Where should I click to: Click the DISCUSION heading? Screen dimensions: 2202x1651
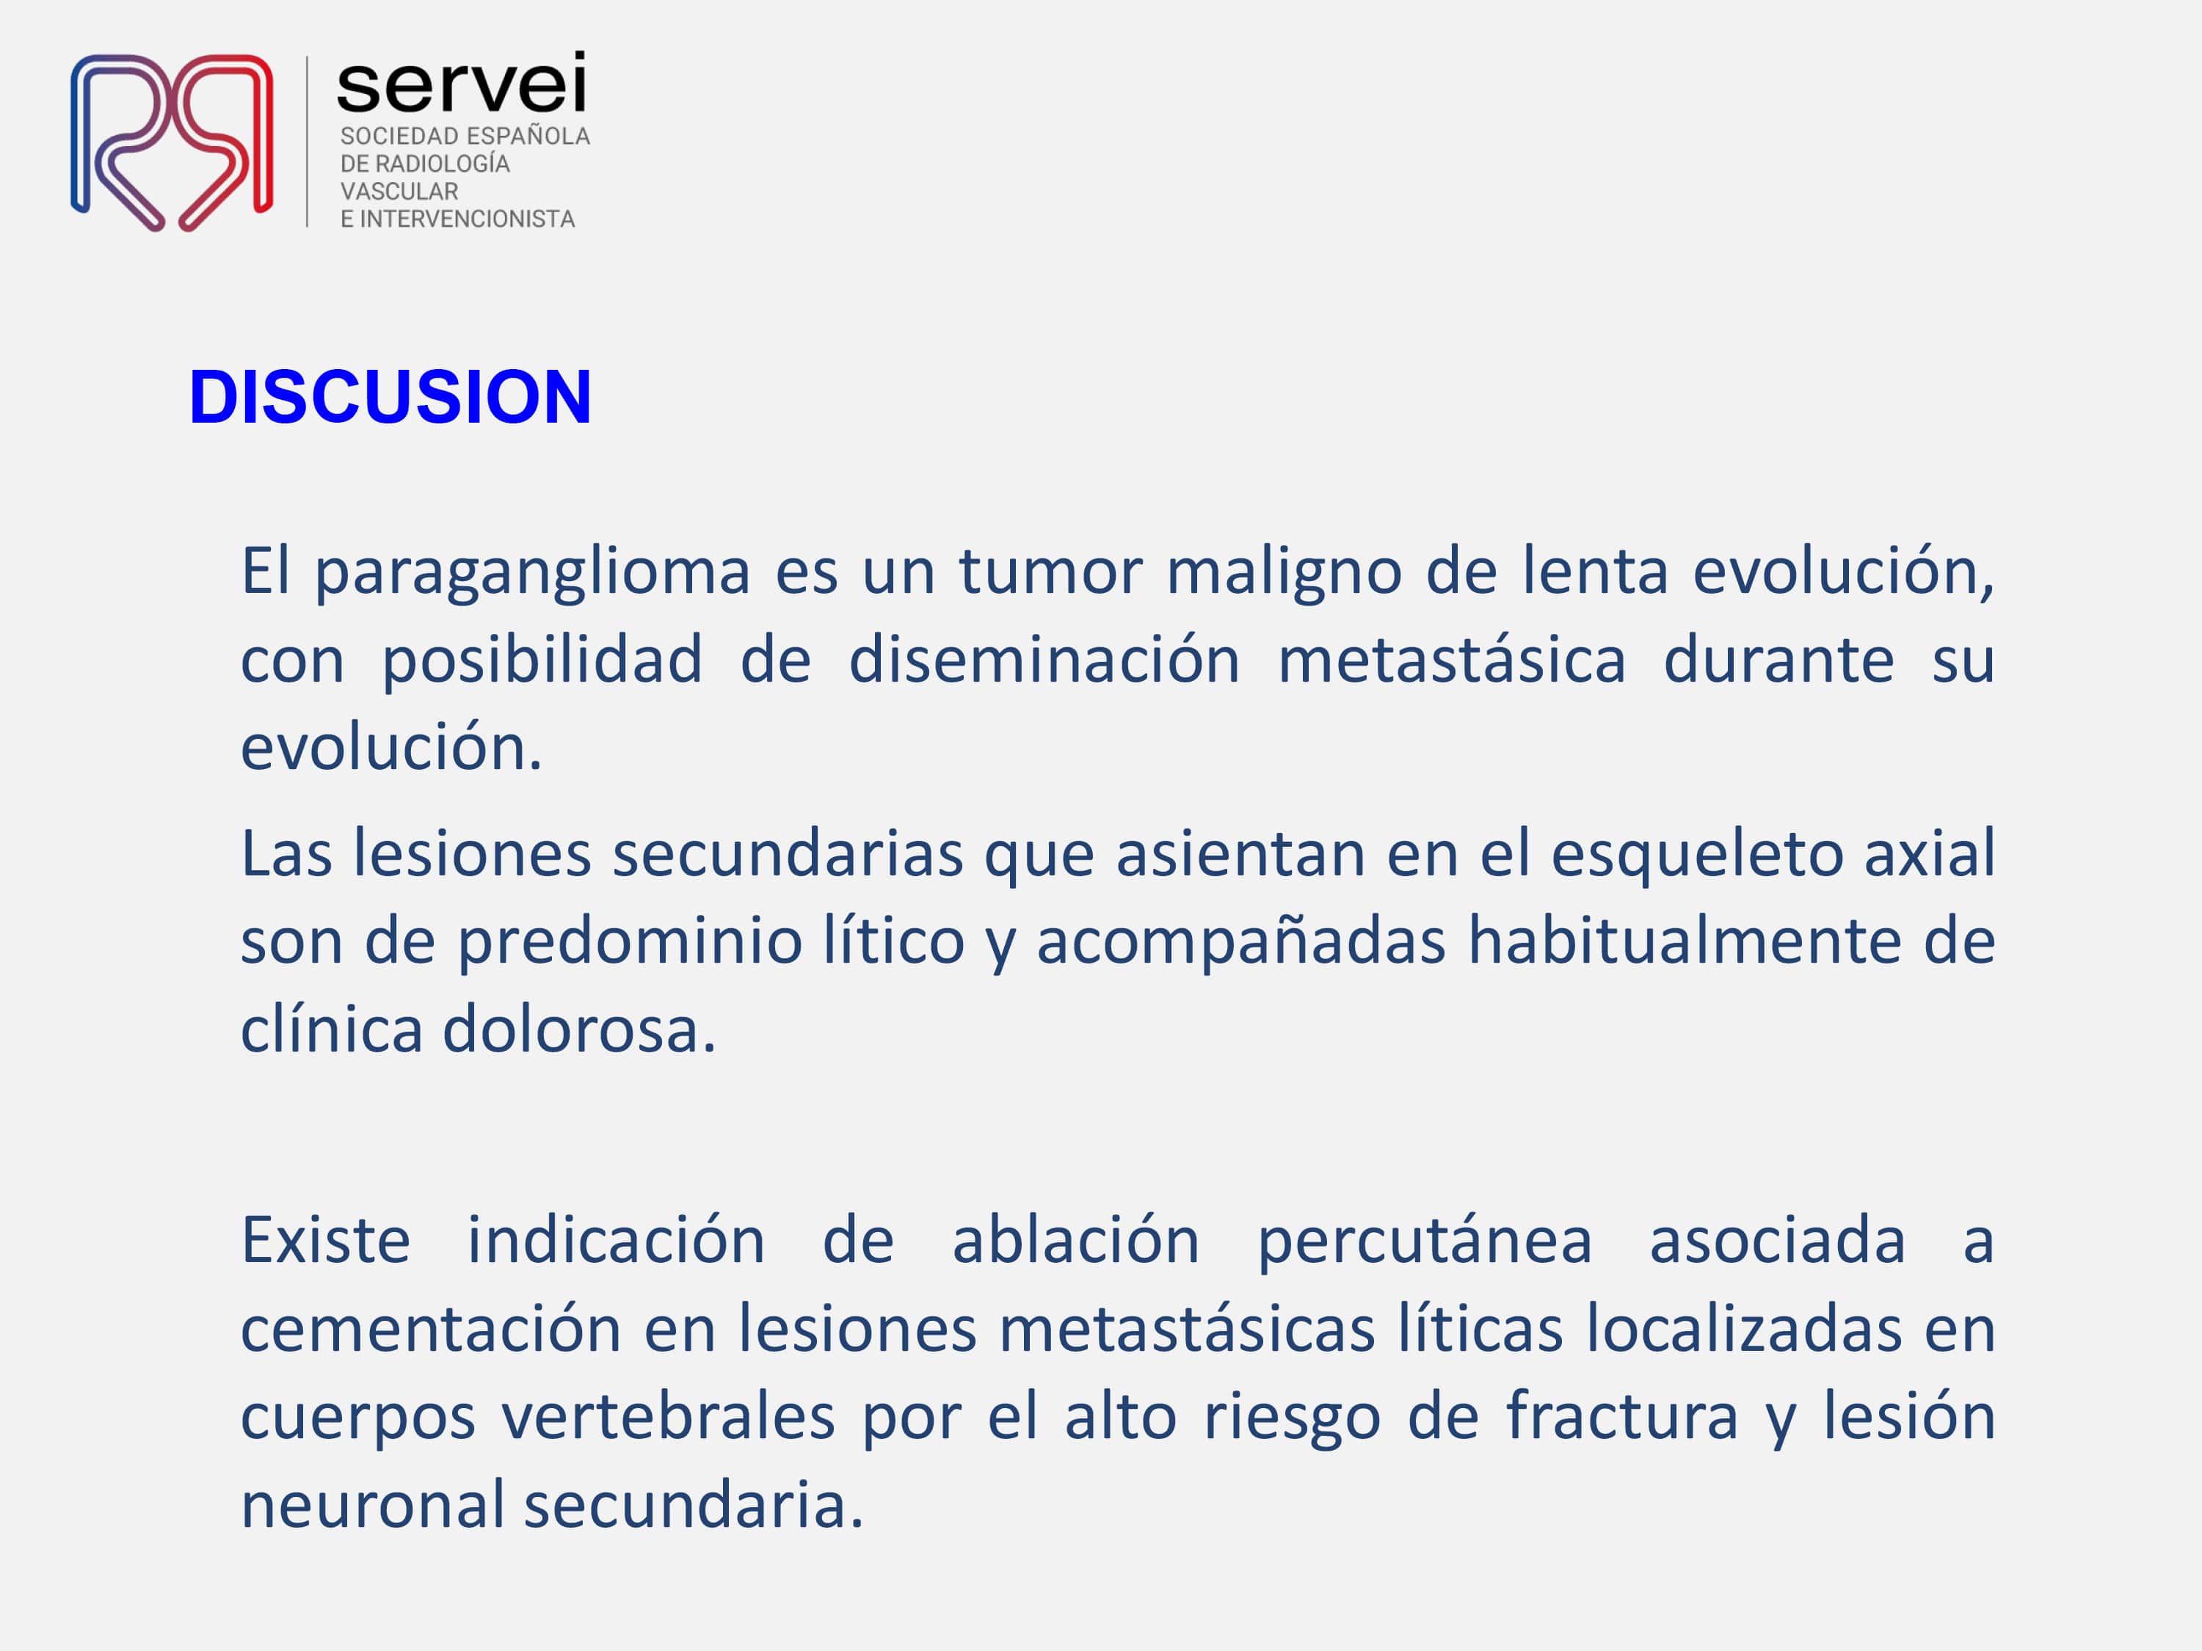[x=390, y=397]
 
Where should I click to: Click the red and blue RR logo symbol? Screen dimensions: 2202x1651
[x=171, y=142]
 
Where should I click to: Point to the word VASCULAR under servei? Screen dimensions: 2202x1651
[x=399, y=191]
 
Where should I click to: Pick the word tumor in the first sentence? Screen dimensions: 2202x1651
[x=1051, y=573]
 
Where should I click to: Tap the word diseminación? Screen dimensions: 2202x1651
[x=1044, y=660]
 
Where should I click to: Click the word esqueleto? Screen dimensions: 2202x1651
[x=1697, y=855]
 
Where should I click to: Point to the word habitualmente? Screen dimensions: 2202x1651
[x=1685, y=941]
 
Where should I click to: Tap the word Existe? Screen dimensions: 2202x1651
[x=325, y=1241]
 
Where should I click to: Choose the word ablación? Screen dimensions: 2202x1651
[x=1075, y=1239]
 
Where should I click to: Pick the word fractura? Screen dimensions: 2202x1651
[x=1621, y=1415]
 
